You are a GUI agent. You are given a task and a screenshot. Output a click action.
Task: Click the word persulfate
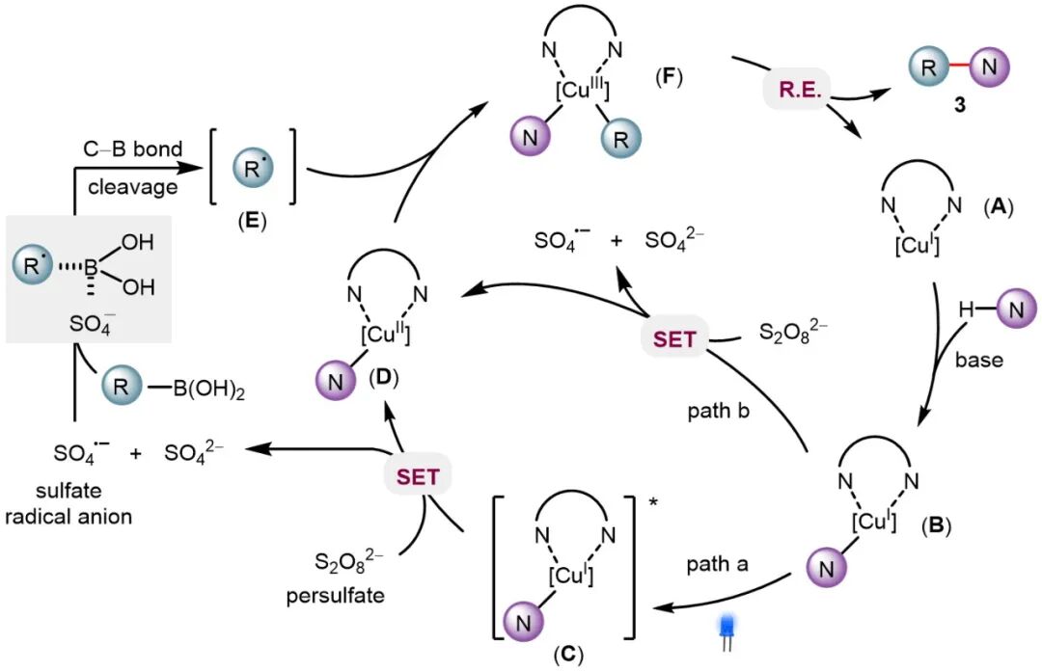click(334, 596)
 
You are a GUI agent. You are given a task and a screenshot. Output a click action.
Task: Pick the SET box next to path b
click(672, 338)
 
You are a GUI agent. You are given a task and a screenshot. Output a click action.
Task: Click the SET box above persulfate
click(418, 476)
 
